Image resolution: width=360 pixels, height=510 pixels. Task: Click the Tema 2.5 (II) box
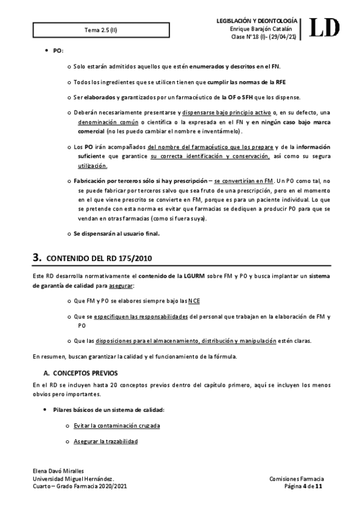101,29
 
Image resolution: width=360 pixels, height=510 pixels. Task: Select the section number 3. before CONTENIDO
37,258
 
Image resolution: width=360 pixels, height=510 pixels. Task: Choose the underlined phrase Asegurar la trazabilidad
106,442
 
